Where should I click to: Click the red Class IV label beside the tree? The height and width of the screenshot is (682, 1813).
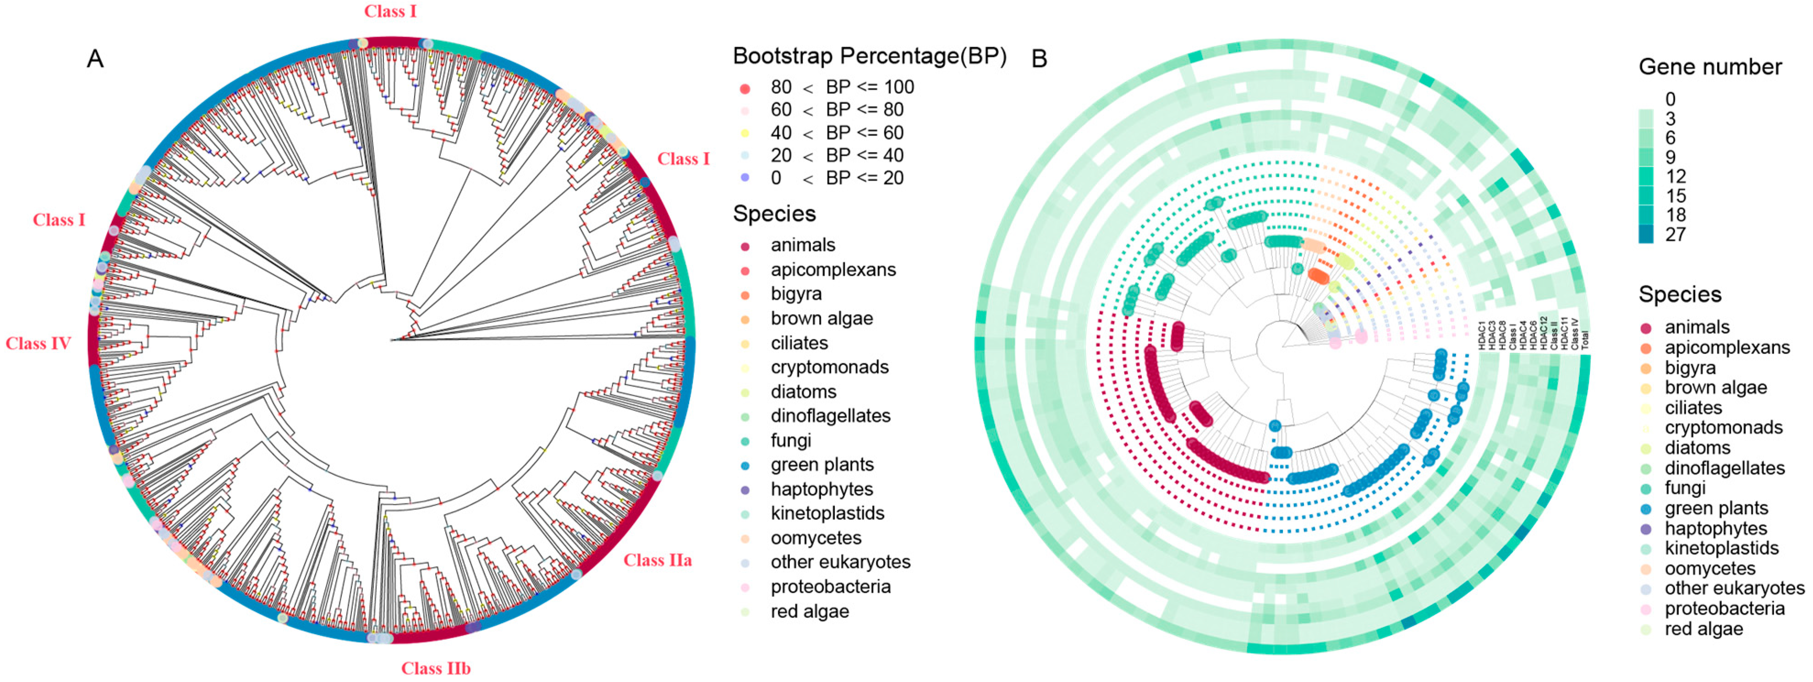click(x=38, y=344)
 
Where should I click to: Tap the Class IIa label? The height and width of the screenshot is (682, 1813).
click(x=657, y=560)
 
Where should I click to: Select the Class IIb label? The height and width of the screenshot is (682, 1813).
click(x=436, y=668)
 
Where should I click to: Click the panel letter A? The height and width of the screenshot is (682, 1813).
click(x=95, y=59)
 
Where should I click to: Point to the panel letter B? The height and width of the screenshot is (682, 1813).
click(x=1039, y=59)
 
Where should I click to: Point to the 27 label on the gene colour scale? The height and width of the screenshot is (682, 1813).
click(x=1676, y=235)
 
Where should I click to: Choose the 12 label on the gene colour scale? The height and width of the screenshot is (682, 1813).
click(x=1676, y=176)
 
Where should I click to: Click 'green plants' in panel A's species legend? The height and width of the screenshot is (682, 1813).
click(x=822, y=464)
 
